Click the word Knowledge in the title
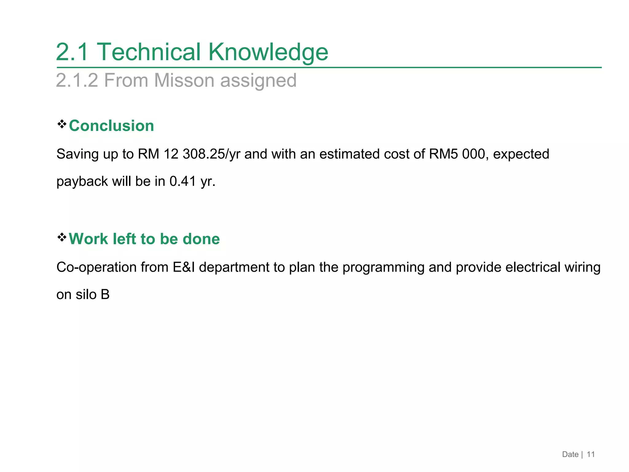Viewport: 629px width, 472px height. (x=268, y=52)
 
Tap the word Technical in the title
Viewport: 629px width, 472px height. (x=149, y=52)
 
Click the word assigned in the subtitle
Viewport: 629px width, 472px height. (x=258, y=81)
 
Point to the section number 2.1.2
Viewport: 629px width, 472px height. (x=77, y=81)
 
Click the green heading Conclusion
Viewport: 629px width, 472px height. (x=111, y=126)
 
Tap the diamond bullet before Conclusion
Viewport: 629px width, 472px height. (x=62, y=124)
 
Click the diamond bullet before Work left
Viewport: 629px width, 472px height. (x=62, y=237)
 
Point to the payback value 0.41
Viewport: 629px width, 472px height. (x=183, y=181)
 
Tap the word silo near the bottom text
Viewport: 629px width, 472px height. (x=86, y=294)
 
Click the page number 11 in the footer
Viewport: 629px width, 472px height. (x=591, y=454)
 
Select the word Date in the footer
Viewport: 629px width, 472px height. (x=570, y=454)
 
